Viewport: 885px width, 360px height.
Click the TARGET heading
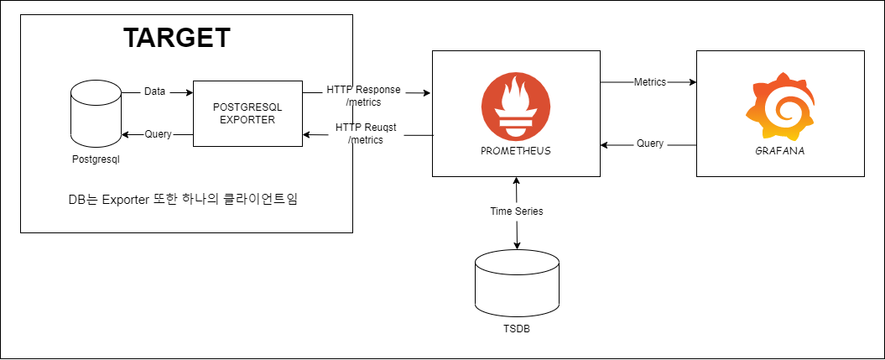pos(176,38)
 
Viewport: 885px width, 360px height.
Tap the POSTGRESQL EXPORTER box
pos(247,113)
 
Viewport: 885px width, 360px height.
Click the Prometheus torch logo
pos(516,107)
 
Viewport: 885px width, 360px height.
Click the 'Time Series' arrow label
pos(516,211)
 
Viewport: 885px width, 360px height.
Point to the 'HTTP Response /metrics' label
pos(363,96)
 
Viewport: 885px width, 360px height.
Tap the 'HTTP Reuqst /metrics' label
pos(364,133)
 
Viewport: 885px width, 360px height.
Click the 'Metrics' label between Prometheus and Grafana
pos(649,82)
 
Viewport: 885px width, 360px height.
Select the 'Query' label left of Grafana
pos(649,143)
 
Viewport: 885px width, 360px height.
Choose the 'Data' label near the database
pos(154,91)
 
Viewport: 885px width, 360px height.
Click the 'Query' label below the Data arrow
pos(158,133)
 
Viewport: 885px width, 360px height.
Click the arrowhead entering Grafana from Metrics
pos(692,82)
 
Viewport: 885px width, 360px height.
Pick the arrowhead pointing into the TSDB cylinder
pos(516,245)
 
